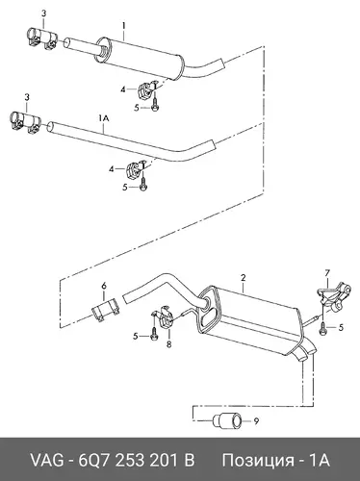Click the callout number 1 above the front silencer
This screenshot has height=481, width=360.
click(x=123, y=25)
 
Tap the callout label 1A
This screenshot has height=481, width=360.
click(x=104, y=118)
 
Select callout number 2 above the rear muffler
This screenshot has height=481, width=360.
click(x=244, y=277)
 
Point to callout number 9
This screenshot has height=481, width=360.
click(x=256, y=421)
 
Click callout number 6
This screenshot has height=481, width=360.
click(x=104, y=286)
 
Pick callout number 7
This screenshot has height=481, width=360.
click(x=327, y=273)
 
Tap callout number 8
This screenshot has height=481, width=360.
click(x=168, y=344)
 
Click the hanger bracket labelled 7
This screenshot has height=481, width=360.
click(x=334, y=296)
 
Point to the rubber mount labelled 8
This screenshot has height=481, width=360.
click(x=164, y=316)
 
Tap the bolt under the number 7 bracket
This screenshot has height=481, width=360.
click(x=322, y=327)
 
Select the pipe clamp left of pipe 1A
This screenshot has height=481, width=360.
click(x=25, y=122)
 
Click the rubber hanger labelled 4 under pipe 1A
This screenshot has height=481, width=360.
click(x=134, y=169)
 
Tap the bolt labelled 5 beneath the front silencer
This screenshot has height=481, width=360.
click(x=154, y=107)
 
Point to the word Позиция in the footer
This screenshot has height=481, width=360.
click(x=258, y=461)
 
